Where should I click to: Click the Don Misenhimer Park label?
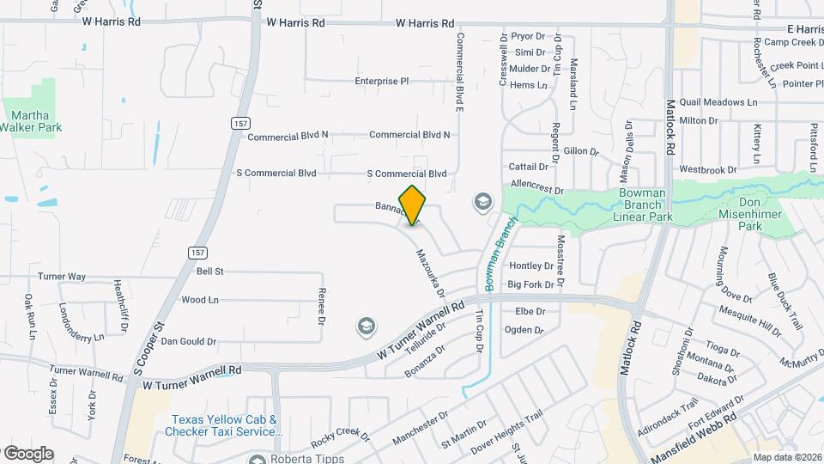tap(762, 219)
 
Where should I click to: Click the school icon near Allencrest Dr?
tap(483, 203)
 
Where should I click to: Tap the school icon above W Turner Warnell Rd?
tap(367, 327)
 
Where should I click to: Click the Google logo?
tap(28, 454)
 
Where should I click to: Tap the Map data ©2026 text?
tap(787, 457)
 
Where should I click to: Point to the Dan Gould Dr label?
tap(189, 341)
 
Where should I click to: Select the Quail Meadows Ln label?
tap(718, 101)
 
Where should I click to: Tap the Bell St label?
tap(209, 272)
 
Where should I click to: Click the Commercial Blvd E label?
tap(460, 73)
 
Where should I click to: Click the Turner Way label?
tap(62, 277)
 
